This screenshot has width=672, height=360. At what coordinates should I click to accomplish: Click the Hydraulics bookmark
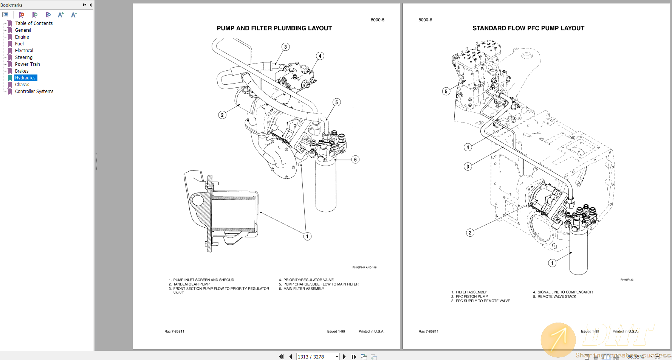(25, 78)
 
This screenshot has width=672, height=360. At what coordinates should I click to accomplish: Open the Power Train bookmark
(27, 64)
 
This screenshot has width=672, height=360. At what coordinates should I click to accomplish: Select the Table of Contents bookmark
(34, 23)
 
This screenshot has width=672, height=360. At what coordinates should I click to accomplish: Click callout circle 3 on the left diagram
(285, 47)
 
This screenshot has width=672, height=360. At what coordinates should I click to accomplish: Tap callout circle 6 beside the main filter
(355, 160)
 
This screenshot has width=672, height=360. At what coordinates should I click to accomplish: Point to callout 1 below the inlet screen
(307, 236)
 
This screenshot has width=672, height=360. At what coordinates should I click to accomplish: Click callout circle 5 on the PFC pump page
(446, 91)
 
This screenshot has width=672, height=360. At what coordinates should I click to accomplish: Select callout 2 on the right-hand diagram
(470, 233)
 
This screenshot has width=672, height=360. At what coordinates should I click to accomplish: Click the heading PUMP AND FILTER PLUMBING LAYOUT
(274, 28)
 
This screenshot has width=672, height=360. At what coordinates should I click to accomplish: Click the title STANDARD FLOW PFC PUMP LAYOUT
(528, 28)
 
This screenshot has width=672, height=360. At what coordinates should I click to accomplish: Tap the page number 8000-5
(377, 20)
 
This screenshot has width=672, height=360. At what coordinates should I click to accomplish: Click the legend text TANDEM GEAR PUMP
(191, 284)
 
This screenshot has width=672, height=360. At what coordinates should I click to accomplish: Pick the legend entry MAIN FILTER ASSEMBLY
(303, 289)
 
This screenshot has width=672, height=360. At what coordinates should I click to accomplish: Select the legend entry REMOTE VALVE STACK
(557, 296)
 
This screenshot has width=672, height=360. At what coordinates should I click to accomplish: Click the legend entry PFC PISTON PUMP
(471, 296)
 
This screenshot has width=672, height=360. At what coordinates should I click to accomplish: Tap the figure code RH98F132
(627, 280)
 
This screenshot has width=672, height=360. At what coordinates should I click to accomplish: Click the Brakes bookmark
(22, 71)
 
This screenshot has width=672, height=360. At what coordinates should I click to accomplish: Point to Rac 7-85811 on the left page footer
(174, 332)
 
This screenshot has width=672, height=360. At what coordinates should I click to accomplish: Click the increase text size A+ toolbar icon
(60, 15)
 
